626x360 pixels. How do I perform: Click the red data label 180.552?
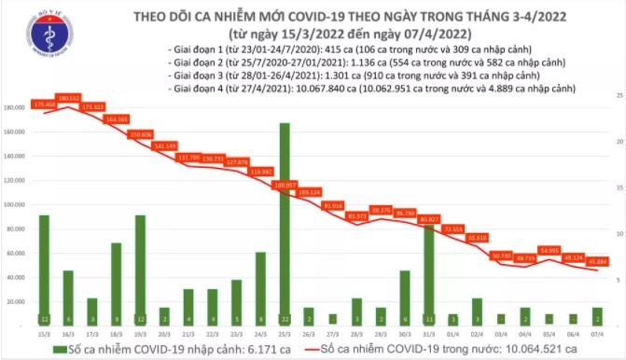tap(68, 97)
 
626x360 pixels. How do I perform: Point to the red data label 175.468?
tap(44, 104)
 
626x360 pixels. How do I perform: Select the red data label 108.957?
tap(285, 185)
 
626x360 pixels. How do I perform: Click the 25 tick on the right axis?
tap(618, 96)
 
